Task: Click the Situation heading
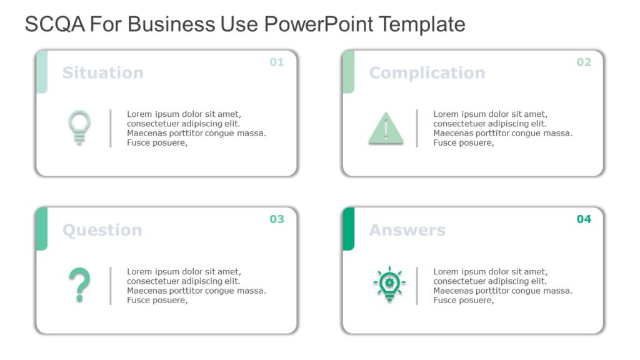pos(102,72)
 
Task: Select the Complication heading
pos(427,72)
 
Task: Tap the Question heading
pos(102,230)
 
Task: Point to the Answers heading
pos(407,230)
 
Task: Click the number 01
pos(276,62)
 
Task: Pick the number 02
pos(583,62)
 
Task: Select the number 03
pos(276,219)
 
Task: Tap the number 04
pos(583,219)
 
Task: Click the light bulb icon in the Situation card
pos(79,127)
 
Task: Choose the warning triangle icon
pos(386,129)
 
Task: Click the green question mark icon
pos(79,285)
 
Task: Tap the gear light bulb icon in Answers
pos(389,284)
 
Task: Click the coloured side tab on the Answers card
pos(349,228)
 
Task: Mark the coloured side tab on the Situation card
pos(42,71)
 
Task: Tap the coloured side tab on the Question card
pos(42,228)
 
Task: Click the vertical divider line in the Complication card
pos(417,128)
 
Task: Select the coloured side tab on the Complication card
pos(349,71)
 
